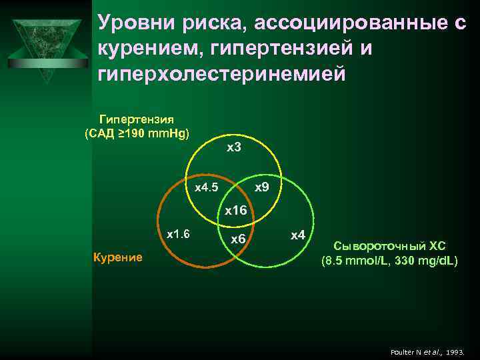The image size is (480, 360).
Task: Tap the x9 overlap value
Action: point(262,187)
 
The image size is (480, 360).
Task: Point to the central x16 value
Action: point(235,211)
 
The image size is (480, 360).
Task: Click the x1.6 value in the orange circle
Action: point(178,234)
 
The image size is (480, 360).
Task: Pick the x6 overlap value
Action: point(238,239)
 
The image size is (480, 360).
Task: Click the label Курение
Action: point(117,257)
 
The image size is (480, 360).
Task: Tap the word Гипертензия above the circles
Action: point(137,119)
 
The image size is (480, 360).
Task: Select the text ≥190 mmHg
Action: point(155,133)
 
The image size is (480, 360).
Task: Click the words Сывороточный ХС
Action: point(389,245)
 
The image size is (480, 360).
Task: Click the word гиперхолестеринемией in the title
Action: point(222,73)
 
